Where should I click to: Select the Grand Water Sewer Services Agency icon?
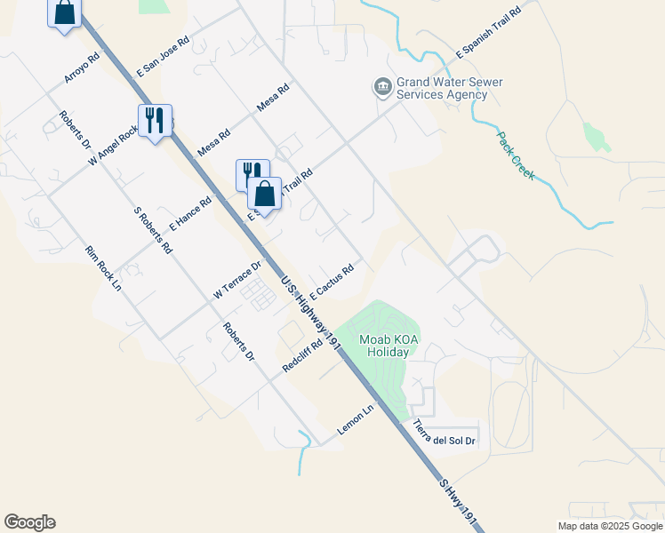[383, 86]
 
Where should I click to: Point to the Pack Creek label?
[516, 156]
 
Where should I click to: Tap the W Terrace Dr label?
[237, 280]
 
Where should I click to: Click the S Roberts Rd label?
[152, 231]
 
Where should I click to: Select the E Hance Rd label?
[190, 214]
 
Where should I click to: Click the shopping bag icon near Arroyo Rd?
[65, 12]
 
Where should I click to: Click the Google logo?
[29, 522]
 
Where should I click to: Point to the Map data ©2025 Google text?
[610, 526]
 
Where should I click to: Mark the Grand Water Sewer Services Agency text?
[450, 88]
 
